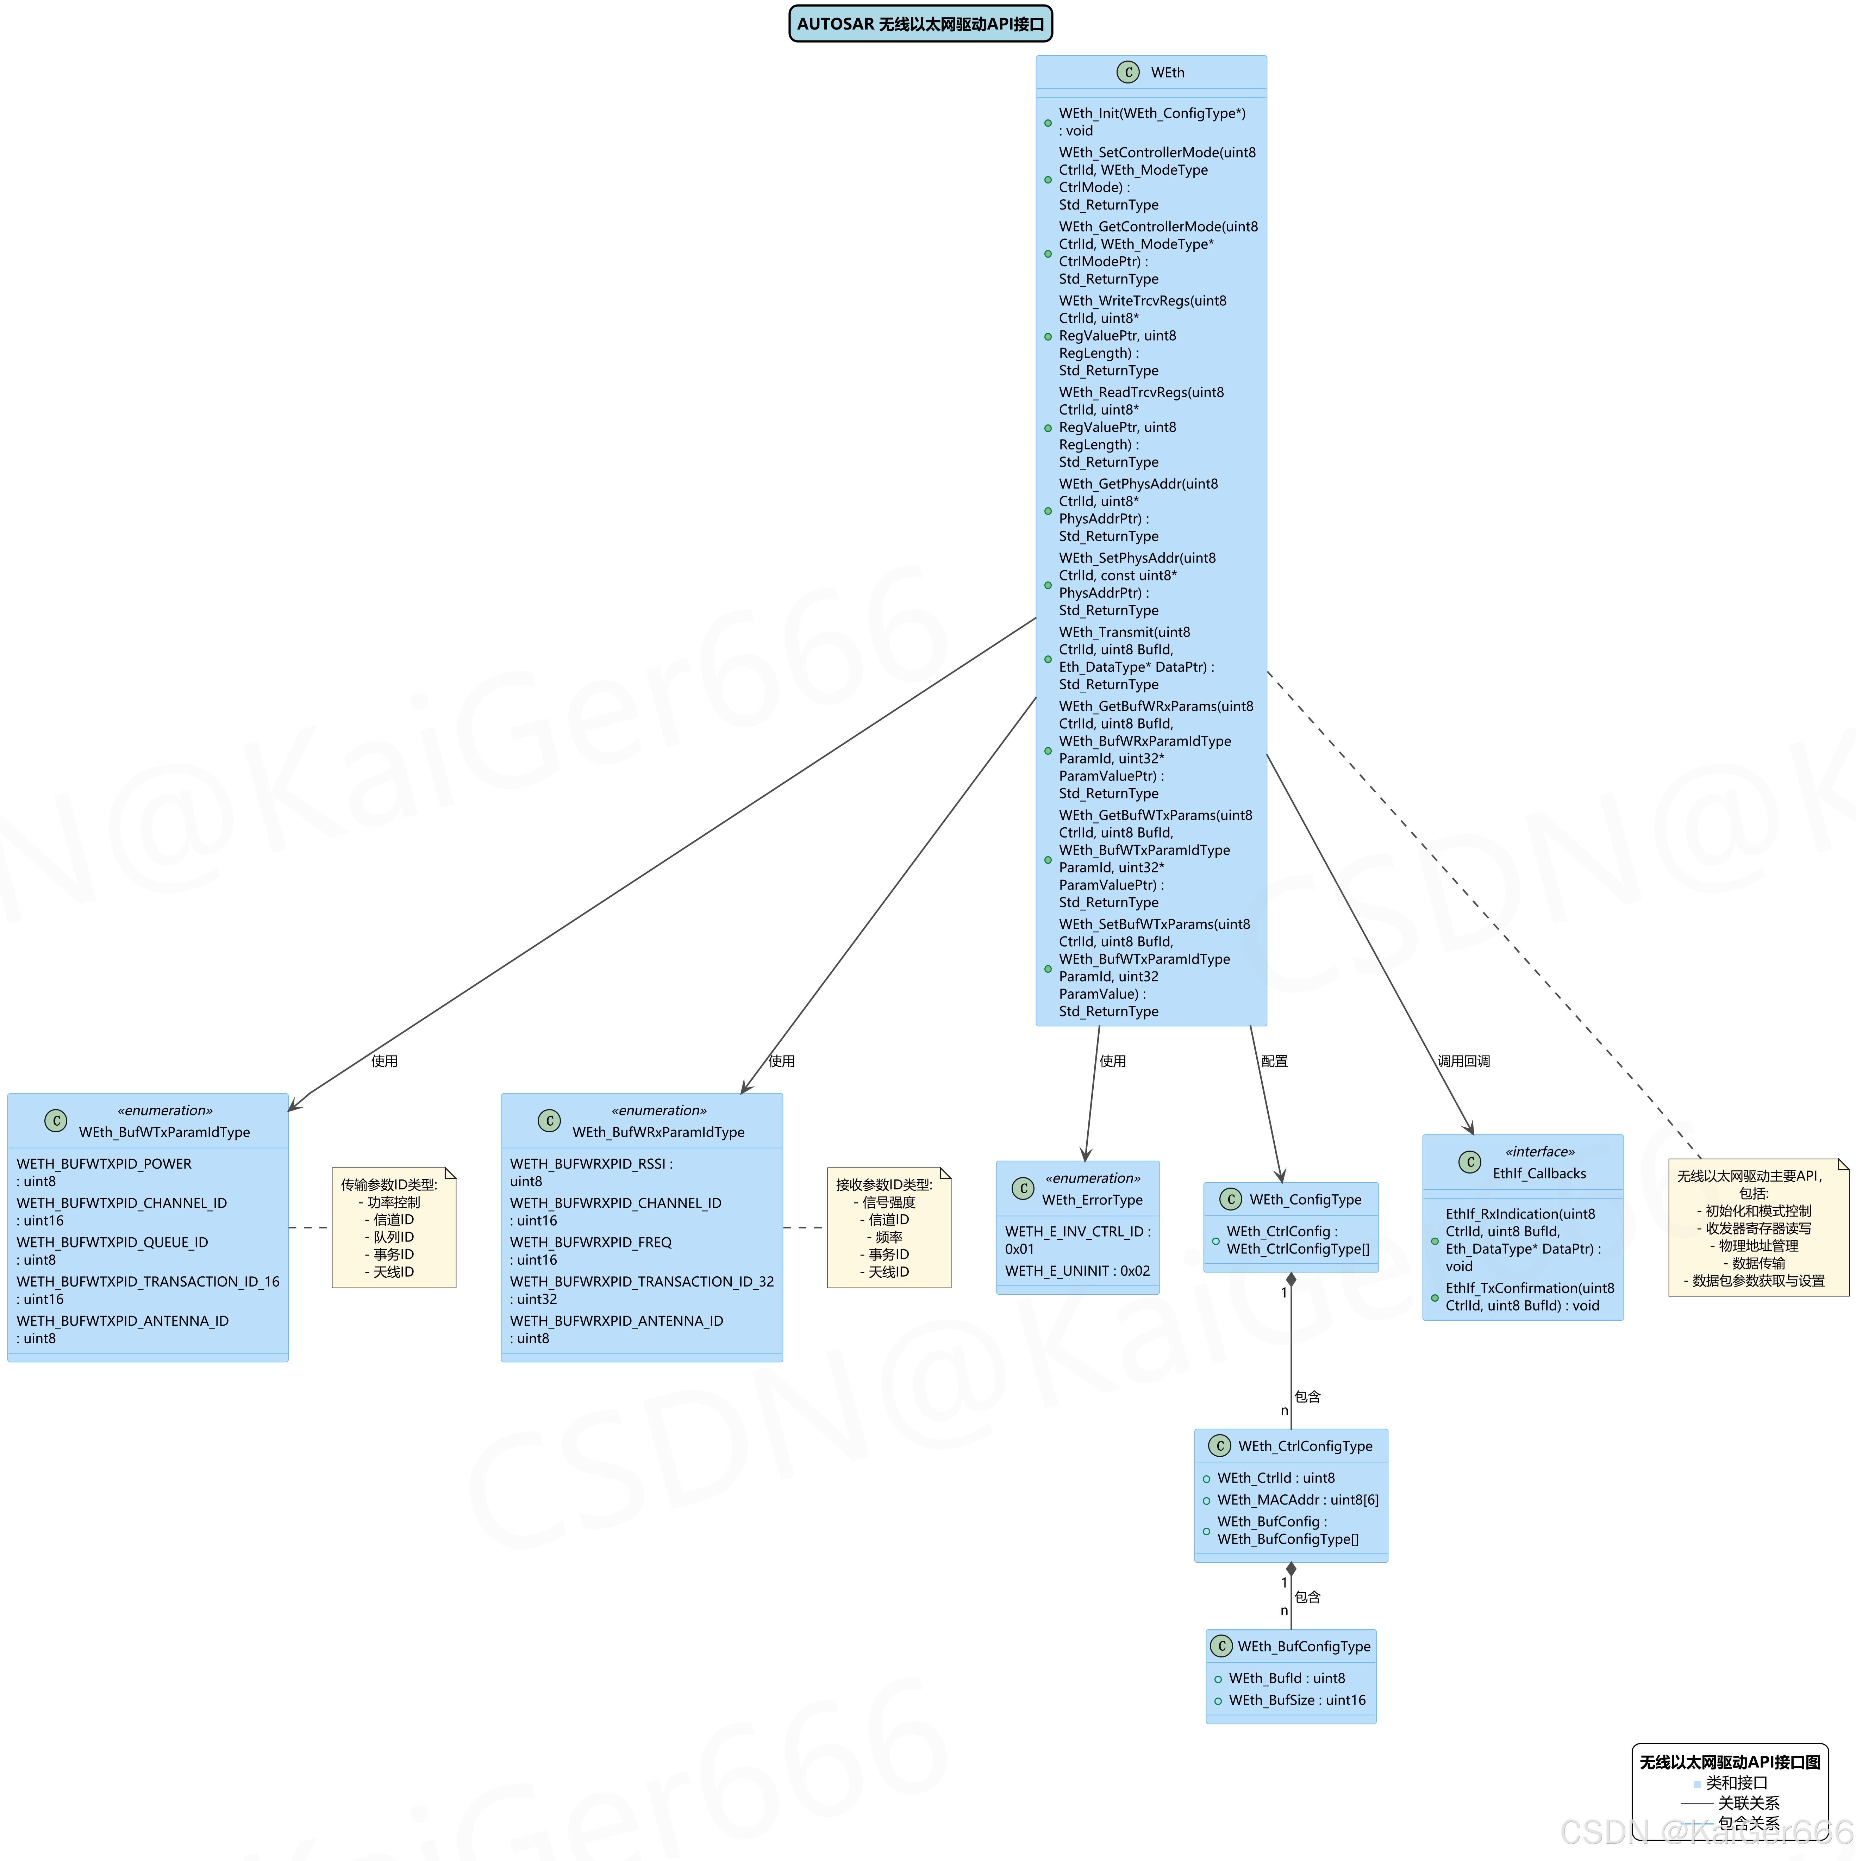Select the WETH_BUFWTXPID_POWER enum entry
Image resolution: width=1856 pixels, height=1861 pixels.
tap(104, 1172)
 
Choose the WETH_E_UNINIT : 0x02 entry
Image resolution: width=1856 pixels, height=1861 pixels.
tap(1077, 1270)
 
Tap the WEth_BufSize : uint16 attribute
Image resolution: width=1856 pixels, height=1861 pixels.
tap(1296, 1700)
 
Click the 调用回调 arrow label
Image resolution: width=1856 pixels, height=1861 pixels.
tap(1463, 1060)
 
